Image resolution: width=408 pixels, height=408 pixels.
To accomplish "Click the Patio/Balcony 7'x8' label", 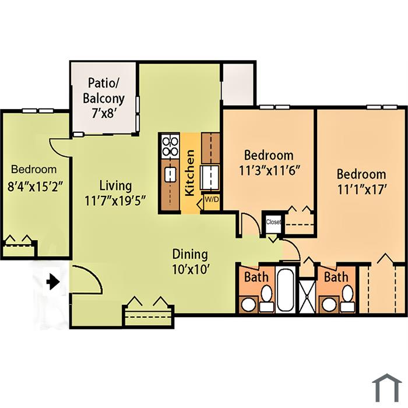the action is tap(104, 98).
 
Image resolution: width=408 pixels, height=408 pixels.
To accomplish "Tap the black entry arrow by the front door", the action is tap(53, 282).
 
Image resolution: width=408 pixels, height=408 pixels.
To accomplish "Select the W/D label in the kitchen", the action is tap(212, 199).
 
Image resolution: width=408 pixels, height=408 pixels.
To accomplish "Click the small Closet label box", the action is tap(273, 222).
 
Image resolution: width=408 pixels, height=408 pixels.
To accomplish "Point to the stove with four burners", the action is tap(170, 146).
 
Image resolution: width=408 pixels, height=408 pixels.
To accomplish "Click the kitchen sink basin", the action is tap(170, 175).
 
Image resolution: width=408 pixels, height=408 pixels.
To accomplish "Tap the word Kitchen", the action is tap(189, 173).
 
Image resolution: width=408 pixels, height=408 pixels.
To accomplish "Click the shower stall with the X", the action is tap(307, 296).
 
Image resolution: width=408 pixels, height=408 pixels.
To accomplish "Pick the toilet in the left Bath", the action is tap(267, 298).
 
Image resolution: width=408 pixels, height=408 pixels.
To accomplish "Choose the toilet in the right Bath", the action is tap(347, 298).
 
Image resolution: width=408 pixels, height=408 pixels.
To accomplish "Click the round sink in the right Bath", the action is tap(330, 304).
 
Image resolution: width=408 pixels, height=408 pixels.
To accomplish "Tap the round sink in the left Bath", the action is tap(249, 304).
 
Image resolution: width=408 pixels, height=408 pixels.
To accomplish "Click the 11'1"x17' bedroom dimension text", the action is tap(361, 189).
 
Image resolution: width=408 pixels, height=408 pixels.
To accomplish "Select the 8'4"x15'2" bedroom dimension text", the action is tap(36, 187).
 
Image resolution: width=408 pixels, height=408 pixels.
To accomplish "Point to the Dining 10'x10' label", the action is tap(190, 262).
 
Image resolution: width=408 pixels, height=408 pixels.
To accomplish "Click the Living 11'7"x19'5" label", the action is tap(115, 193).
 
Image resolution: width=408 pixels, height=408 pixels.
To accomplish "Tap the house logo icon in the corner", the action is tap(386, 388).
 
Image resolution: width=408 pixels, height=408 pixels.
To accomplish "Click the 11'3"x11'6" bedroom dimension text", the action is tap(269, 171).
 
